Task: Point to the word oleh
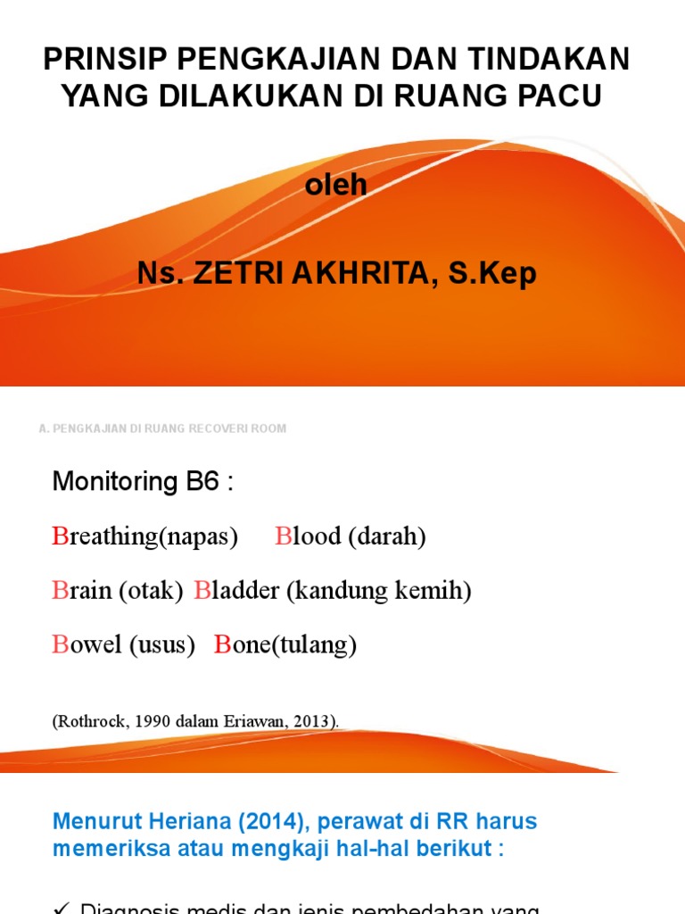coord(336,186)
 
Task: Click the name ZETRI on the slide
coord(240,274)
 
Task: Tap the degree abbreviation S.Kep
coord(492,274)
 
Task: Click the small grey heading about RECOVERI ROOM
coord(163,428)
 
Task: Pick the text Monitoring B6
coord(143,482)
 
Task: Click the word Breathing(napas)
coord(145,536)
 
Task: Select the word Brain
coord(83,590)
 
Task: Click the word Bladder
coord(236,590)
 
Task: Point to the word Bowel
coord(87,644)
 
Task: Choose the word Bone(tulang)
coord(285,644)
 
